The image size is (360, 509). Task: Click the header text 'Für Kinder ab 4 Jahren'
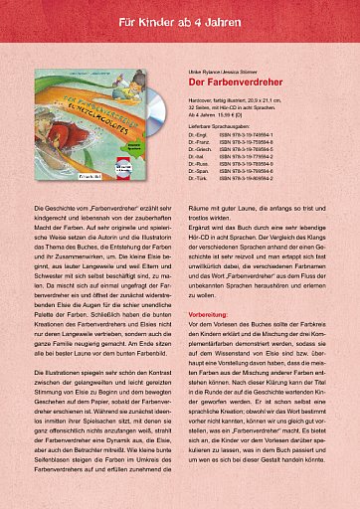pos(180,20)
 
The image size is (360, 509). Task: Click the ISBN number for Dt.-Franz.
pos(248,144)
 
